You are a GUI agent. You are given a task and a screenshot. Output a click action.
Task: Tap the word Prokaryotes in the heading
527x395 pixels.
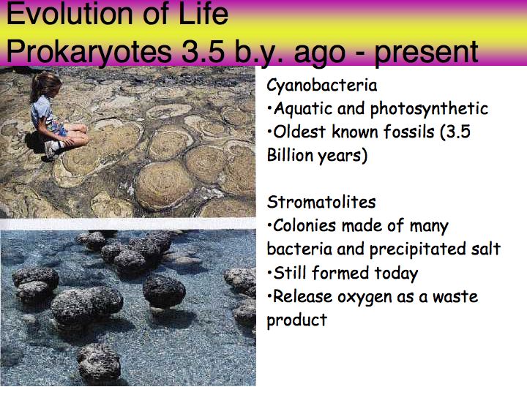89,53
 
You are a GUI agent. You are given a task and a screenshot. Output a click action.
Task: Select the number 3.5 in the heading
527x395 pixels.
203,51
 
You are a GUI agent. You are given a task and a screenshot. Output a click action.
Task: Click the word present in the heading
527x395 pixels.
426,53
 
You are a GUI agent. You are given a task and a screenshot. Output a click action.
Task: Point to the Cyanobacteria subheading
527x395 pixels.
321,85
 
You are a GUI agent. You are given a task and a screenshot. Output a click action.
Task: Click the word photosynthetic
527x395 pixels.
429,109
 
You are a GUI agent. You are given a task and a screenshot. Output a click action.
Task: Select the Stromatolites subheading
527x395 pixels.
321,202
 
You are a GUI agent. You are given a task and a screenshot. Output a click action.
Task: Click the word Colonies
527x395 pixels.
304,226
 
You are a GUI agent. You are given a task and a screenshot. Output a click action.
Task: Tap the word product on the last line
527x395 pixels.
296,320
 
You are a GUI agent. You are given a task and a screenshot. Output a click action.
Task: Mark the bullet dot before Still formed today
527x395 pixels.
269,273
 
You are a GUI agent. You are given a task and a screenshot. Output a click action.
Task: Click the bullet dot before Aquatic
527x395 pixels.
269,108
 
